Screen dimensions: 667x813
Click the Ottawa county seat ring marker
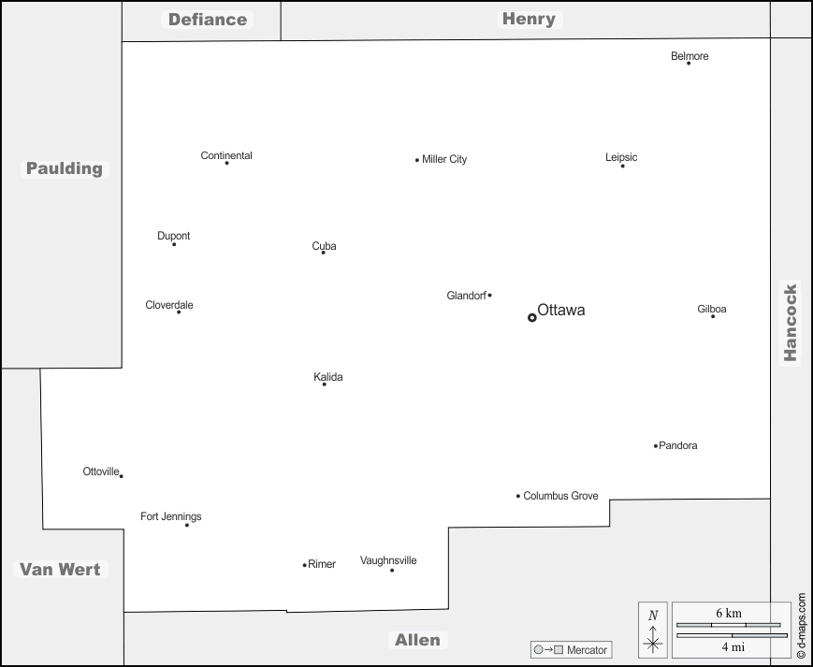pyautogui.click(x=532, y=317)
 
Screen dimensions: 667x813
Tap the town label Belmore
pyautogui.click(x=690, y=56)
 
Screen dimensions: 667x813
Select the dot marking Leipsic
pyautogui.click(x=622, y=166)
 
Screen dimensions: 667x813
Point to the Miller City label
pyautogui.click(x=444, y=159)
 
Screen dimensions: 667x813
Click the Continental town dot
pyautogui.click(x=226, y=164)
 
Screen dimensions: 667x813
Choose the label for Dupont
pyautogui.click(x=173, y=236)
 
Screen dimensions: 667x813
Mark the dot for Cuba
pyautogui.click(x=324, y=253)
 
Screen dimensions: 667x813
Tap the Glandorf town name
pyautogui.click(x=466, y=296)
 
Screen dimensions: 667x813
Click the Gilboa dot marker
pyautogui.click(x=712, y=316)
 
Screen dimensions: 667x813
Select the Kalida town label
pyautogui.click(x=327, y=377)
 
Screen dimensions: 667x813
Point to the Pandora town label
pyautogui.click(x=678, y=445)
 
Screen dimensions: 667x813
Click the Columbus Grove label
pyautogui.click(x=560, y=496)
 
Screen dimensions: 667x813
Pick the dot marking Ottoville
pyautogui.click(x=122, y=476)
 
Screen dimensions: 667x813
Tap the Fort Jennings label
pyautogui.click(x=170, y=516)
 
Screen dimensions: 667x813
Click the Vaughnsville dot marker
pyautogui.click(x=392, y=571)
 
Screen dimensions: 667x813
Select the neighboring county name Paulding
pyautogui.click(x=64, y=168)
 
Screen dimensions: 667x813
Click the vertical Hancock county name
pyautogui.click(x=791, y=323)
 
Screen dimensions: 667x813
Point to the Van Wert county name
pyautogui.click(x=60, y=569)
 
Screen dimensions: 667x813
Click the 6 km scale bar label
pyautogui.click(x=729, y=613)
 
